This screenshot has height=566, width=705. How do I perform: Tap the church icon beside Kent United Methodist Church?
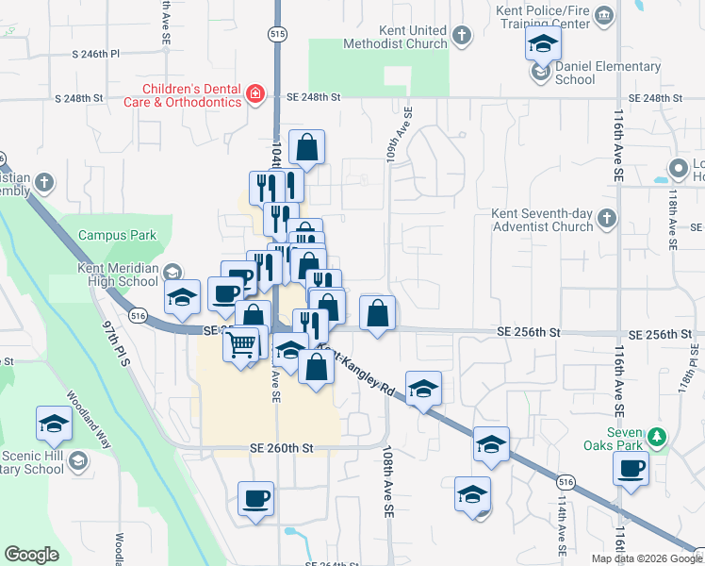pos(461,37)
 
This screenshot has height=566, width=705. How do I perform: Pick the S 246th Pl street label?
pos(96,55)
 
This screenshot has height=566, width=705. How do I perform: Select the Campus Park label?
pos(117,234)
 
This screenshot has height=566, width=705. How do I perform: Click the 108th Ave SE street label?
pos(387,481)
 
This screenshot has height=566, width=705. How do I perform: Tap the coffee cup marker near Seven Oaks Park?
pos(631,468)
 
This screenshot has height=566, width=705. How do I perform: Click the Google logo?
pos(32,555)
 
